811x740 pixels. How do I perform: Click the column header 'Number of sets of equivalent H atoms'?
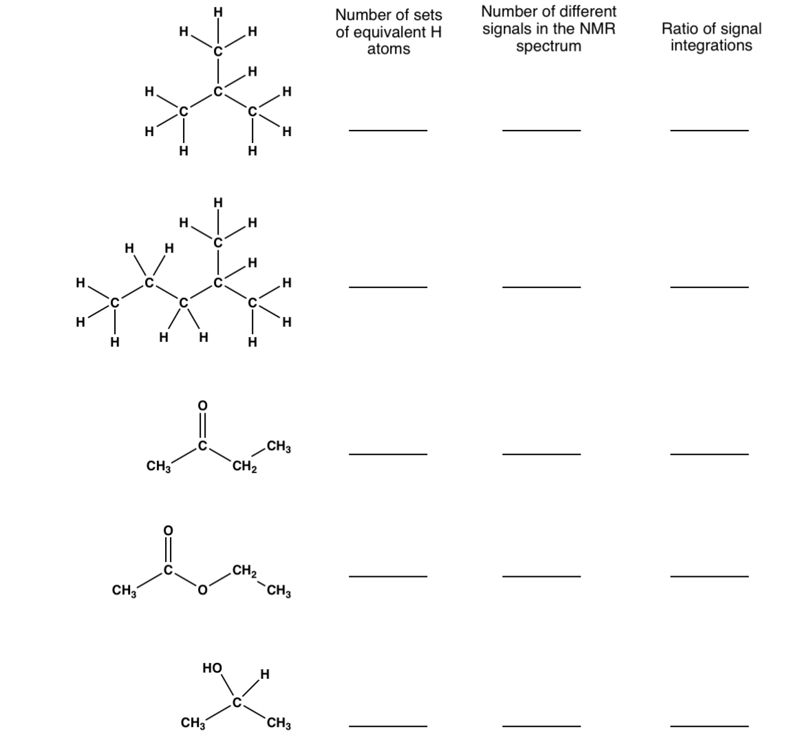pos(389,32)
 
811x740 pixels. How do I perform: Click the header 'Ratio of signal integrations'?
pos(711,37)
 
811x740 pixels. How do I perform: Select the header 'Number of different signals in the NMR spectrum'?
pos(549,29)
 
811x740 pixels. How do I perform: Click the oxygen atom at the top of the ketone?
pos(202,406)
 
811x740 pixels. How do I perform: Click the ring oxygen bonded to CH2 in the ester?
pos(202,590)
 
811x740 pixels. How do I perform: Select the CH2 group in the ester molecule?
pos(244,570)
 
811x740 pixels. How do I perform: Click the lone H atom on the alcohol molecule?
pos(265,673)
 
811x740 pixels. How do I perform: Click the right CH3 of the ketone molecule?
pos(279,448)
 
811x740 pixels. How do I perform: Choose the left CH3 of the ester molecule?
pos(124,590)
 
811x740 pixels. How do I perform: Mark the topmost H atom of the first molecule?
pos(218,11)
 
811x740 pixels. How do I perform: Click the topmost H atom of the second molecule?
pos(218,202)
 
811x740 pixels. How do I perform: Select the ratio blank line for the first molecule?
pos(709,129)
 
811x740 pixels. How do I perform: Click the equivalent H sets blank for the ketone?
pos(388,453)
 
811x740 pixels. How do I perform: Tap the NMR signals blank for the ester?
pos(541,575)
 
